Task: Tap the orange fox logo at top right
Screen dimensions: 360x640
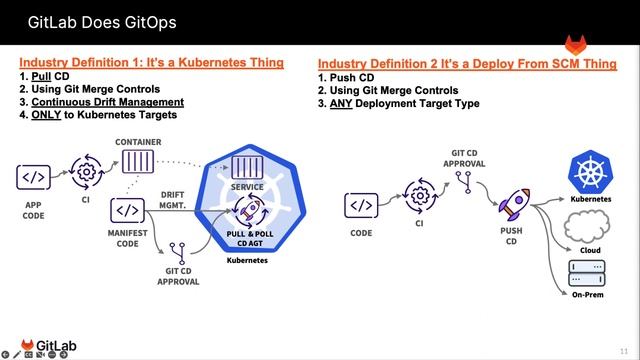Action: [x=577, y=45]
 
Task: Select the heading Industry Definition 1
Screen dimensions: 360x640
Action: [x=151, y=62]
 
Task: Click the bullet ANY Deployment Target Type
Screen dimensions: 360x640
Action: [x=404, y=103]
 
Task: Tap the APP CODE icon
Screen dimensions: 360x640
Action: [x=33, y=177]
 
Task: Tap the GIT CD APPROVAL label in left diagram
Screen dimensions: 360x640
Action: [x=179, y=274]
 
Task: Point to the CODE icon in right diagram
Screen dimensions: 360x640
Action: [x=362, y=205]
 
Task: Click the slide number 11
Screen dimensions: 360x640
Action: [x=625, y=350]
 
